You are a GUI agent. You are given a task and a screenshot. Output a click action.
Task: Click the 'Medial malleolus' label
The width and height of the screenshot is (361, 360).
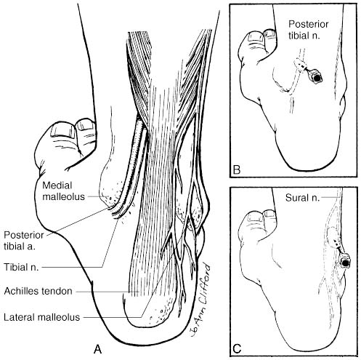pyautogui.click(x=63, y=191)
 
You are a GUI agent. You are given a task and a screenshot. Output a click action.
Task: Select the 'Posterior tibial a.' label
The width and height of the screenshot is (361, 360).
pyautogui.click(x=24, y=241)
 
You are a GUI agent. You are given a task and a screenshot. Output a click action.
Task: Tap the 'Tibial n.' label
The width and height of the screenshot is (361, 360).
pyautogui.click(x=21, y=267)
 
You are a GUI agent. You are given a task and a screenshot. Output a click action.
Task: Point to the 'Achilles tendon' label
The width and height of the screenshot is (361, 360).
pyautogui.click(x=38, y=291)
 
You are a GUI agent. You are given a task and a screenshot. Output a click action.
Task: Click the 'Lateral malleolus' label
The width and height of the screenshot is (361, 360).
pyautogui.click(x=41, y=317)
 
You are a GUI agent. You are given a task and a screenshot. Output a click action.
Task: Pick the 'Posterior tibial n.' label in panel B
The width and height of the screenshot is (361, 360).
pyautogui.click(x=308, y=30)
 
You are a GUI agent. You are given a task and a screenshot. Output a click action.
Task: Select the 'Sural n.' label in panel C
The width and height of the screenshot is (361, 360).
pyautogui.click(x=302, y=198)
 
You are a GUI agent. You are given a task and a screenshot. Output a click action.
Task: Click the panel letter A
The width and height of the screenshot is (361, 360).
pyautogui.click(x=97, y=349)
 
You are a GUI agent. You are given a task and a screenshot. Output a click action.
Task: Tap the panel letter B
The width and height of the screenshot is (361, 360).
pyautogui.click(x=236, y=169)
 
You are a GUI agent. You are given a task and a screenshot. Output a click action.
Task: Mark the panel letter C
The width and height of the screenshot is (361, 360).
pyautogui.click(x=237, y=348)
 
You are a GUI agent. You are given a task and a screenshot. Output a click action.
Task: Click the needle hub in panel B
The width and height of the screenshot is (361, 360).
pyautogui.click(x=316, y=77)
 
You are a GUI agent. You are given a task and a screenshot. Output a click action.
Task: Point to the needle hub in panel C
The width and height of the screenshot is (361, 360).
pyautogui.click(x=346, y=262)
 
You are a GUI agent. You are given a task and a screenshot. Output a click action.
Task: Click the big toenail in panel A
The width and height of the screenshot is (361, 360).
pyautogui.click(x=62, y=130)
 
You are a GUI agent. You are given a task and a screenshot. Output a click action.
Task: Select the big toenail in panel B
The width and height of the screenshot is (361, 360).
pyautogui.click(x=255, y=36)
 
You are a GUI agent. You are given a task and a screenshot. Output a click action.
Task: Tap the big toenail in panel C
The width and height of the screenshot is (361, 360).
pyautogui.click(x=254, y=217)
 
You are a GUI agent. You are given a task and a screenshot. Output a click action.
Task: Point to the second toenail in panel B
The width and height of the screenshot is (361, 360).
pyautogui.click(x=269, y=33)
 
